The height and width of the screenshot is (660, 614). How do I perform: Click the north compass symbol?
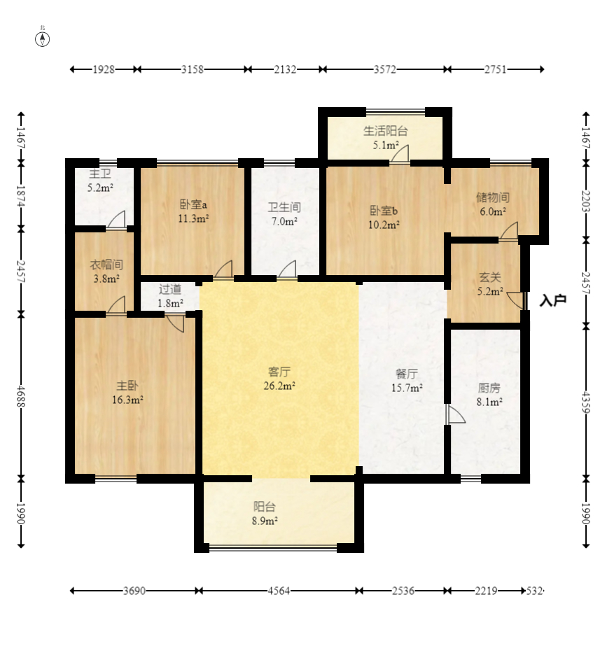pos(42,39)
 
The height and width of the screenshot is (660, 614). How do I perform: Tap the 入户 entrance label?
pos(553,300)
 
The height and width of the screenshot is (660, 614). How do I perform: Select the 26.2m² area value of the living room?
pos(279,386)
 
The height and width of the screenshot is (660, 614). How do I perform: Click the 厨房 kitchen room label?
pos(489,388)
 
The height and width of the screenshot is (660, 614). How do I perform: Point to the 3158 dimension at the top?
pos(193,69)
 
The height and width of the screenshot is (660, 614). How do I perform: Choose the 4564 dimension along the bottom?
pos(279,591)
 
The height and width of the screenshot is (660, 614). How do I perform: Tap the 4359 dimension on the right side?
pos(586,402)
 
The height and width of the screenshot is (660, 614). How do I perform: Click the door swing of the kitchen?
pos(456,414)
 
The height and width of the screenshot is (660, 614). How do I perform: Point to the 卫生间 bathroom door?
pos(287,269)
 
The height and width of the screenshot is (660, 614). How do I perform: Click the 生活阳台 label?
pos(385,131)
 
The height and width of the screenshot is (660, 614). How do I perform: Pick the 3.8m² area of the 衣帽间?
pos(106,279)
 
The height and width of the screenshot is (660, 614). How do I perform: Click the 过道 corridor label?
pos(170,289)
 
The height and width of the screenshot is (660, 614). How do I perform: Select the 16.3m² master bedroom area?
pos(127,400)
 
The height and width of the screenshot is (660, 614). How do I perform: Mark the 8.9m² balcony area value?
pos(265,521)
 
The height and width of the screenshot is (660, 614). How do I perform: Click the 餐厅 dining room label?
pos(407,374)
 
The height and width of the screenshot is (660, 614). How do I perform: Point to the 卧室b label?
pos(384,211)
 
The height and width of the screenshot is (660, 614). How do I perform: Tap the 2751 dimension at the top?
pos(495,69)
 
